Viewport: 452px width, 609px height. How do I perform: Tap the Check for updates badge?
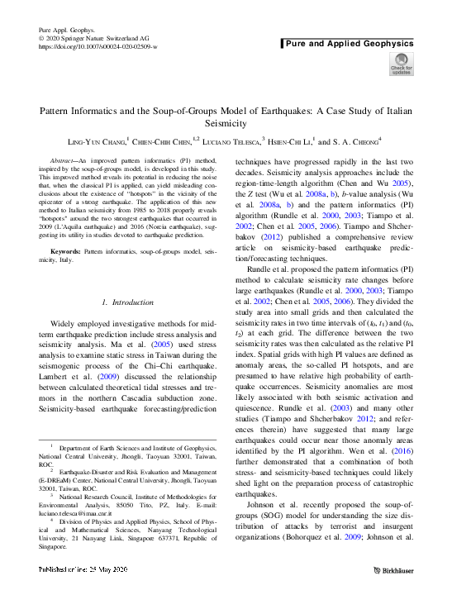(401, 64)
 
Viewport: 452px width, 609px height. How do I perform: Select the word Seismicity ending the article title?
(226, 123)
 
